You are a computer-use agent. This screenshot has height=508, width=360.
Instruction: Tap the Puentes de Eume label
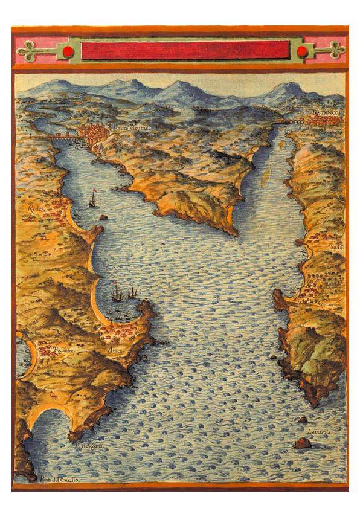tap(129, 128)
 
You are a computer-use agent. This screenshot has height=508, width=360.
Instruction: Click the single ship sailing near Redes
tap(92, 199)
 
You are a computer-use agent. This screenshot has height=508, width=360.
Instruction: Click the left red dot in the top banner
tap(68, 51)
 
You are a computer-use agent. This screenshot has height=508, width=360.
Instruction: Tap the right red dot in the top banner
tap(302, 51)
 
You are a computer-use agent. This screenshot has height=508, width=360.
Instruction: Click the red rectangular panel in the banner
tap(185, 51)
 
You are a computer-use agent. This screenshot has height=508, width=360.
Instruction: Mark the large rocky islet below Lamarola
tap(303, 443)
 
